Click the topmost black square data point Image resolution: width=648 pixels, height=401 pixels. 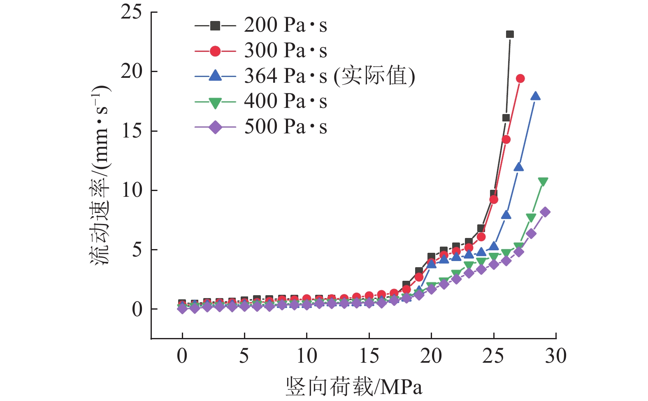[510, 34]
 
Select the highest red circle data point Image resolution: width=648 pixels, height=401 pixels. [520, 79]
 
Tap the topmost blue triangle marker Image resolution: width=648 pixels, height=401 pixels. [535, 96]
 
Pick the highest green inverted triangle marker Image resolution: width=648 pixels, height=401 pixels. [543, 182]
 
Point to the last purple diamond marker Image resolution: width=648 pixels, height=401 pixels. [545, 212]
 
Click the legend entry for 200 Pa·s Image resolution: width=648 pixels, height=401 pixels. [286, 26]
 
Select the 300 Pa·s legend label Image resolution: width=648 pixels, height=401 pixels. [286, 51]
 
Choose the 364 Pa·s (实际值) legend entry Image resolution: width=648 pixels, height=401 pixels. [329, 76]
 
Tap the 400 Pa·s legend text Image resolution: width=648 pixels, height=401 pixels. [286, 102]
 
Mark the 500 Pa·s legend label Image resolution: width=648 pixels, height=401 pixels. [286, 127]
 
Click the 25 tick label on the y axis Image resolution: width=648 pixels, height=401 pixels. [131, 12]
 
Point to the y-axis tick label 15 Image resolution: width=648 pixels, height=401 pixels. [131, 131]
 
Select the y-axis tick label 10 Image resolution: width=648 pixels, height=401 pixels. [131, 190]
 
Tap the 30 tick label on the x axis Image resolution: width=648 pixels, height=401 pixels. [555, 356]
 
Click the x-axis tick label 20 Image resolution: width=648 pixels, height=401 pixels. [431, 356]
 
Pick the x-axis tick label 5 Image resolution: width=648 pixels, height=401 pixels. [244, 356]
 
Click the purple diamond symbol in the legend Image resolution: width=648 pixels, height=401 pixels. [215, 127]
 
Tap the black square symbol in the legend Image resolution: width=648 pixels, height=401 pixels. [215, 26]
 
